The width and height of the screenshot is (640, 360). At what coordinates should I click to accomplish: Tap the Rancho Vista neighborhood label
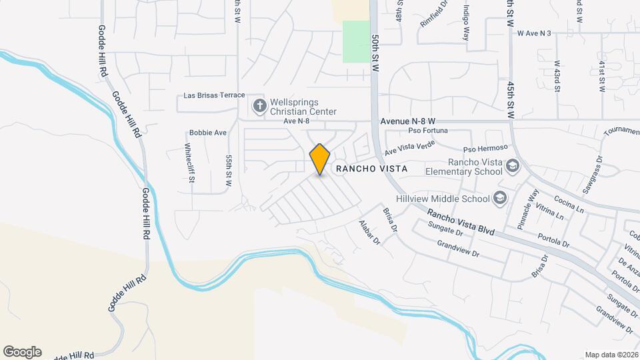pyautogui.click(x=371, y=169)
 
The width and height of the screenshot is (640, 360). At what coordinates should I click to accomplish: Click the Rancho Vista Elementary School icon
pyautogui.click(x=512, y=165)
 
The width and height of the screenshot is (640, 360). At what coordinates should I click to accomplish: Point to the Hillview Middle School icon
pyautogui.click(x=499, y=198)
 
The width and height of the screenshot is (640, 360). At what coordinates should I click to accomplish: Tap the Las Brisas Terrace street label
pyautogui.click(x=214, y=95)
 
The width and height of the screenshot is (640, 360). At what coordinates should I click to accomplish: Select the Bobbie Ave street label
pyautogui.click(x=207, y=133)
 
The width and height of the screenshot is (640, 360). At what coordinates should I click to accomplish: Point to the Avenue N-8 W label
pyautogui.click(x=407, y=122)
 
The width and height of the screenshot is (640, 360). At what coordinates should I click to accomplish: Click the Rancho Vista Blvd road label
pyautogui.click(x=461, y=223)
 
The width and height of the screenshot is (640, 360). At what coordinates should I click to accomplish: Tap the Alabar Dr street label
pyautogui.click(x=369, y=231)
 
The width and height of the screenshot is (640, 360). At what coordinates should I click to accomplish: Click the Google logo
pyautogui.click(x=22, y=352)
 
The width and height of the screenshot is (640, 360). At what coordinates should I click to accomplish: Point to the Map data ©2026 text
pyautogui.click(x=610, y=355)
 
